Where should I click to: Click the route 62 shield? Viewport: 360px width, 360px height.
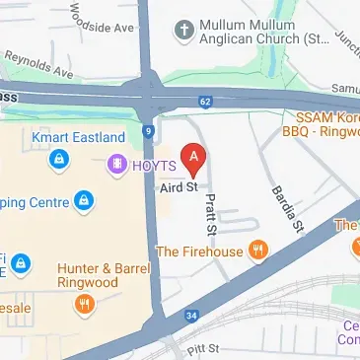(x=205, y=101)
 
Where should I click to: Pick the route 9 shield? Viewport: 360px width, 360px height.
(x=147, y=130)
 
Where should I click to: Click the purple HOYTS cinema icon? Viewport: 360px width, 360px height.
(x=119, y=164)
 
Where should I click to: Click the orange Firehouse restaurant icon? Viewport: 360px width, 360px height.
(x=258, y=251)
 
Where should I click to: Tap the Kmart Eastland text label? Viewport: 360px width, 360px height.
(x=78, y=137)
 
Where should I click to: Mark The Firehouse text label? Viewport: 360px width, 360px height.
(x=199, y=252)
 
